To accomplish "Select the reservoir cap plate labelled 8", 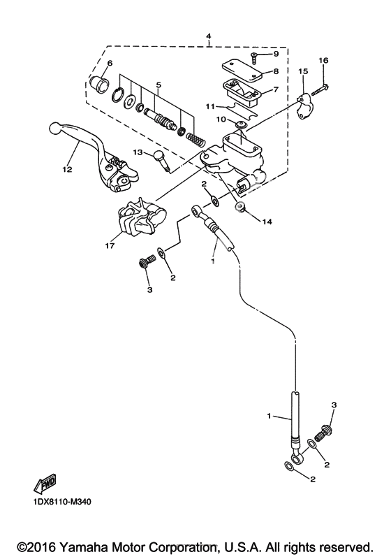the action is pos(242,71).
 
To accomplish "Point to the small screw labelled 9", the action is pos(254,57).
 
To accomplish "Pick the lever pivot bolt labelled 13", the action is pos(161,160).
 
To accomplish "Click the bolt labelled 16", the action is pos(320,89).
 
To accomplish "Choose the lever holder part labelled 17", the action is pos(141,217).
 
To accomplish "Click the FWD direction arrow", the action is pos(45,484).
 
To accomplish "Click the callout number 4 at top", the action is pos(208,36).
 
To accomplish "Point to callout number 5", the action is pos(158,85).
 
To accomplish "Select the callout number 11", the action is pos(210,106).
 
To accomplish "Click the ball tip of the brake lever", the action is pos(54,128).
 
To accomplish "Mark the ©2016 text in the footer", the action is pos(38,546).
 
